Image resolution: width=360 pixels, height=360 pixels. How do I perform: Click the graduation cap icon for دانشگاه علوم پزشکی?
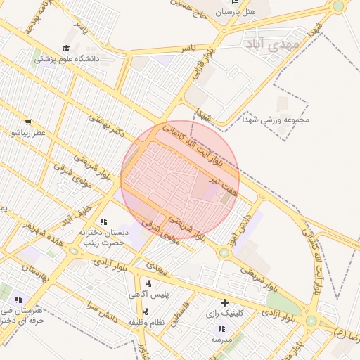tap(66, 49)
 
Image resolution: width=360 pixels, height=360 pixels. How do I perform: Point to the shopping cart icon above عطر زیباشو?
tap(27, 122)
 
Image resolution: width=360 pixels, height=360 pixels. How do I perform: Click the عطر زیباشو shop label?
tap(27, 132)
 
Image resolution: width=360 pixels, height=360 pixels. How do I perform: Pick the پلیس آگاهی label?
tap(148, 295)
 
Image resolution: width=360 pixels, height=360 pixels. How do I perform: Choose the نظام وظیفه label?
tap(146, 322)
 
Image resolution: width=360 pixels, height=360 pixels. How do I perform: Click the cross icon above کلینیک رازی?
tap(224, 302)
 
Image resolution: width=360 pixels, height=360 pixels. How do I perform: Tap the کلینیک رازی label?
tap(224, 313)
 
